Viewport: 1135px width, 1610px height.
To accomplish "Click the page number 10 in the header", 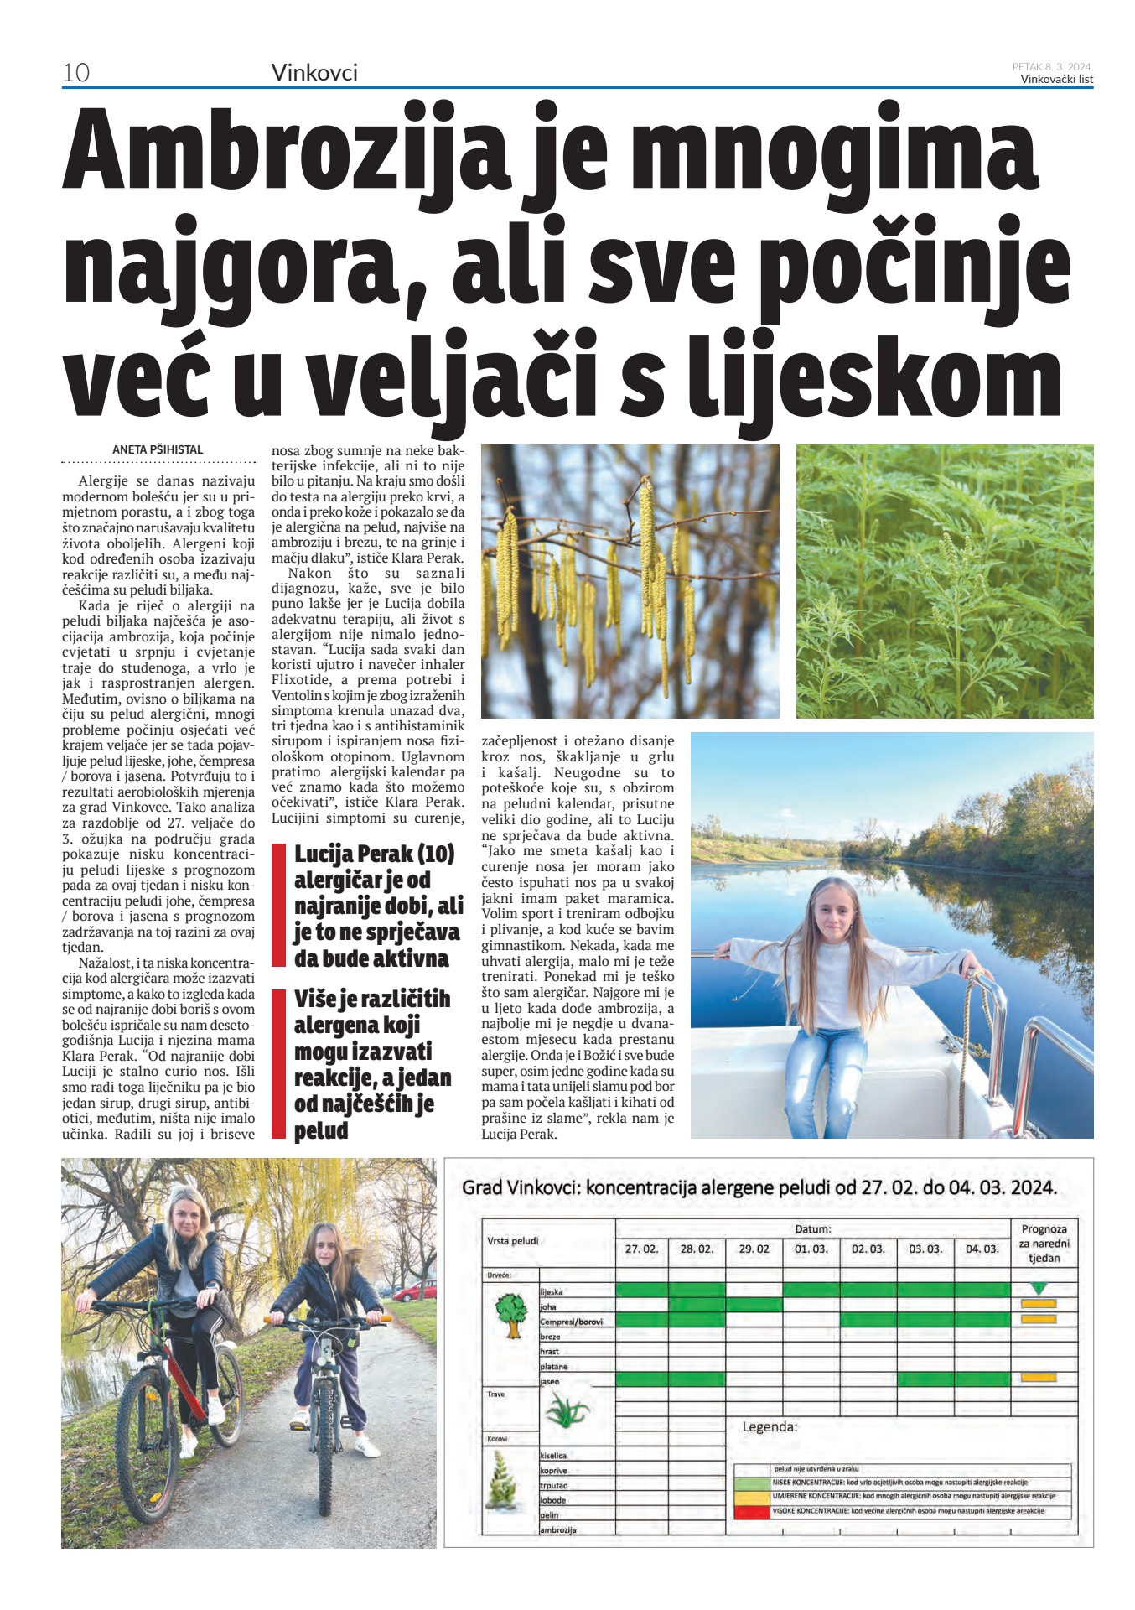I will coord(76,73).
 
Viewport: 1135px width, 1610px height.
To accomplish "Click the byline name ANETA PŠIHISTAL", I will coord(158,449).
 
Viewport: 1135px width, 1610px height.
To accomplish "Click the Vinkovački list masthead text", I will coord(1056,80).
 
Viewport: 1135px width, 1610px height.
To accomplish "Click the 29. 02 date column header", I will coord(754,1249).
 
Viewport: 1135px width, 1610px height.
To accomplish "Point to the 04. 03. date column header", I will coord(982,1249).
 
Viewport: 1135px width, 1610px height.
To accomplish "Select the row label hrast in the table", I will coord(550,1351).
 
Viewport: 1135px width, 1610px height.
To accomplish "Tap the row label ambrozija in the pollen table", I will coord(558,1529).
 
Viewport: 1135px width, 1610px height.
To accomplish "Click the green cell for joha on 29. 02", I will coord(754,1305).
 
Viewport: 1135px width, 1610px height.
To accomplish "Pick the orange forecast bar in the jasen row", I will coord(1039,1377).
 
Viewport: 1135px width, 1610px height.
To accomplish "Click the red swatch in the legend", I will coord(752,1512).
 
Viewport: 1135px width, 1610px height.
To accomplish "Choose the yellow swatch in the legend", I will coord(752,1496).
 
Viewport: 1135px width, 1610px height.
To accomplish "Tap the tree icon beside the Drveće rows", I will coord(510,1315).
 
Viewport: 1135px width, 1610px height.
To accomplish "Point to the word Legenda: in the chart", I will coord(770,1426).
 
